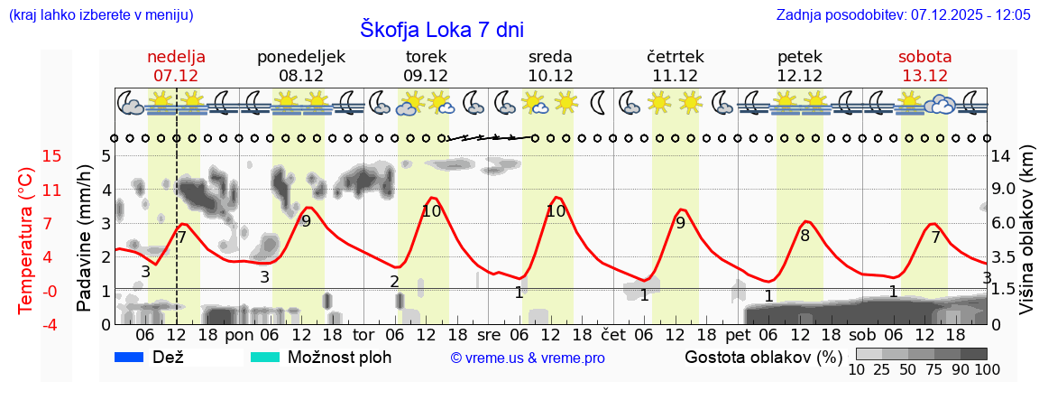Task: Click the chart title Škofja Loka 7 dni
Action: point(441,29)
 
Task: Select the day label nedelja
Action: point(176,57)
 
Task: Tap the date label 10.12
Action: point(550,76)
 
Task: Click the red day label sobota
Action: point(924,57)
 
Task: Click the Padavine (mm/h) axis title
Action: point(84,238)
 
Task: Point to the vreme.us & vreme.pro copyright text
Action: point(528,358)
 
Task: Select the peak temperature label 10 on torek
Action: point(431,211)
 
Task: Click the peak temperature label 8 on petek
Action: point(805,236)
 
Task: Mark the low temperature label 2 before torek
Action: point(394,281)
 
